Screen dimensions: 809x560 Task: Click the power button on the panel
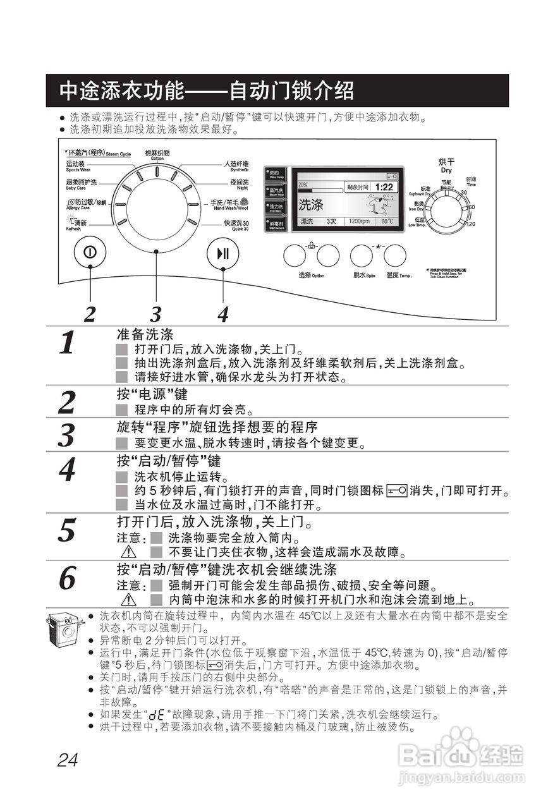click(x=90, y=253)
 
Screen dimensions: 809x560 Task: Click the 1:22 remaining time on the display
click(x=383, y=187)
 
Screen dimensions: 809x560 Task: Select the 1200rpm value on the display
click(x=359, y=222)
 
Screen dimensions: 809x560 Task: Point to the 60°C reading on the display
click(x=386, y=222)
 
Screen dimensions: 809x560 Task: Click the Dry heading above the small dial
click(x=446, y=166)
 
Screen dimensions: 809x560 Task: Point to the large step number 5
click(x=68, y=530)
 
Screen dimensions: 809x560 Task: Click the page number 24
click(x=67, y=759)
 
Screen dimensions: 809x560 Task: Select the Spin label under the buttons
click(x=365, y=276)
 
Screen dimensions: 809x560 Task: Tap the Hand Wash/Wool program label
click(x=229, y=205)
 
